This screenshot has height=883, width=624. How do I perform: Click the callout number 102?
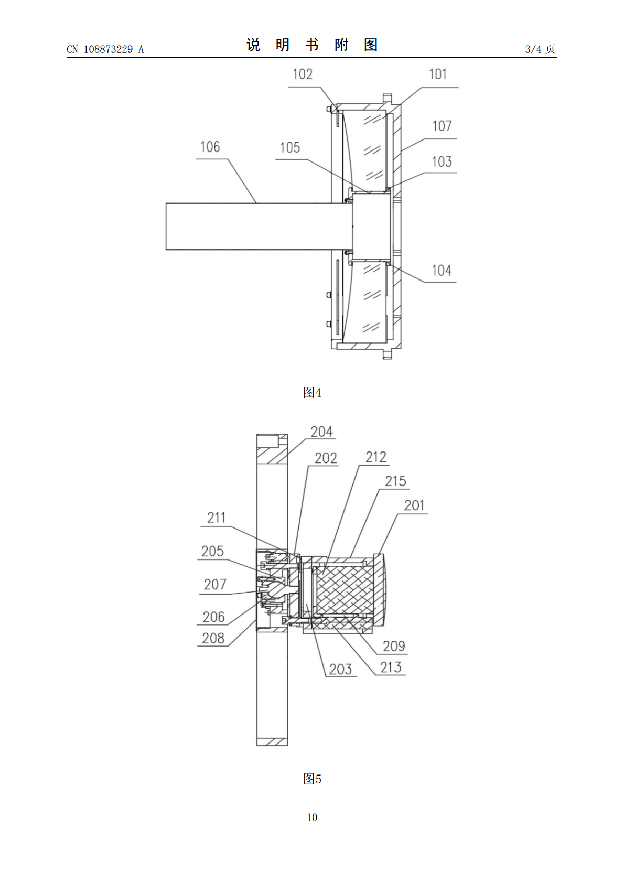point(303,74)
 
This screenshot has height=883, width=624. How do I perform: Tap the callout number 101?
point(437,74)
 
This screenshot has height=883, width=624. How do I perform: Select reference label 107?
point(442,126)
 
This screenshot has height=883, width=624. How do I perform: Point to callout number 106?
point(210,147)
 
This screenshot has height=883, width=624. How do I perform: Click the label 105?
point(290,148)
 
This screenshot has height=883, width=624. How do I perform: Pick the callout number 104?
point(442,271)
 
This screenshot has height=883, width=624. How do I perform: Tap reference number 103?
point(442,161)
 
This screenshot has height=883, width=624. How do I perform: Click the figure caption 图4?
point(312,392)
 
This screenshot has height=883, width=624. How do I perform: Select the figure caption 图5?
point(312,779)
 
